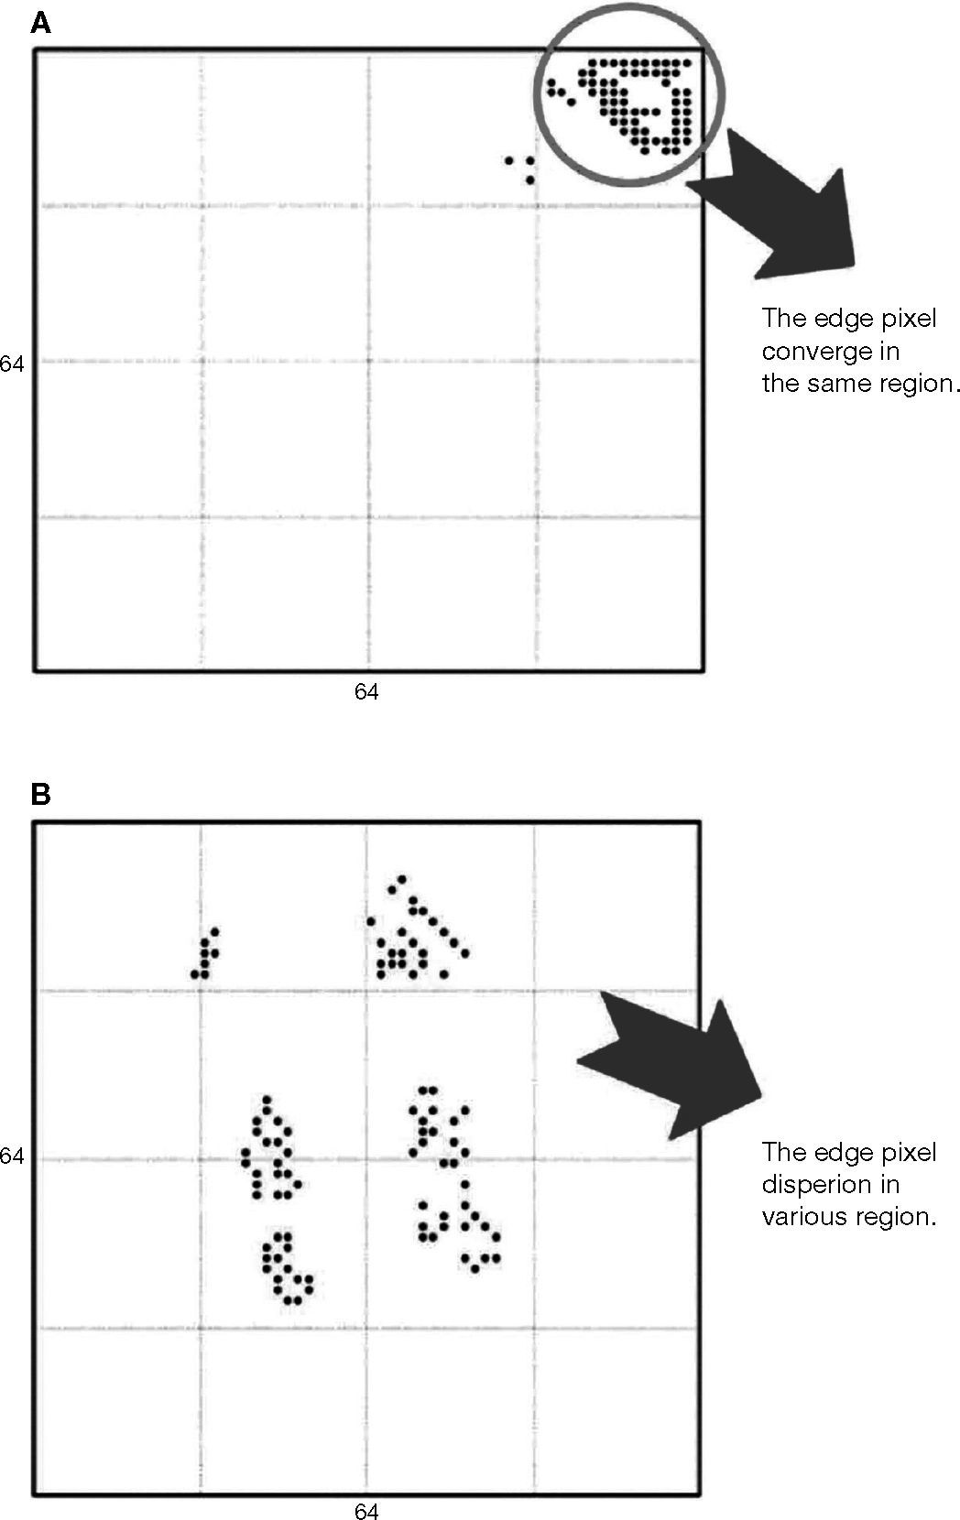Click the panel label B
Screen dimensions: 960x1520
40,794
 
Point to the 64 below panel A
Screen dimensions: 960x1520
366,692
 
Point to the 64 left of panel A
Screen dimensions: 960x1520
12,364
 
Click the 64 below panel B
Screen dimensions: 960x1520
366,1512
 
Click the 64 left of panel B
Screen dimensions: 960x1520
12,1156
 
